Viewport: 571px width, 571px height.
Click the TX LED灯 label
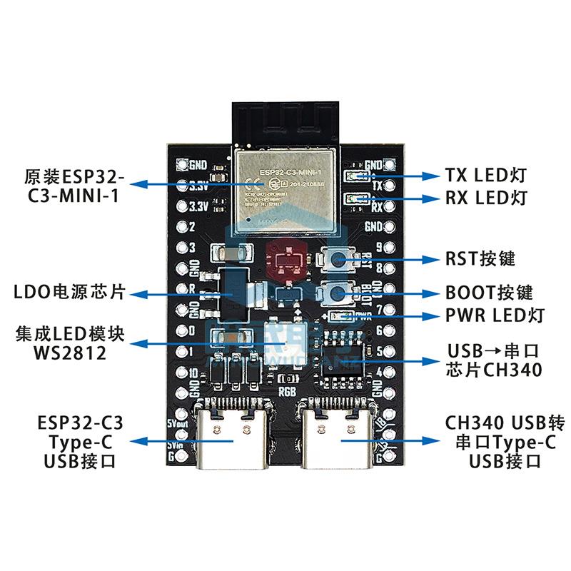pos(485,175)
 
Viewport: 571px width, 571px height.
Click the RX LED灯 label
pos(485,198)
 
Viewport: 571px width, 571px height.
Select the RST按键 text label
pos(480,258)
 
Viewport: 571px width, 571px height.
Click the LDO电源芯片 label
pos(69,292)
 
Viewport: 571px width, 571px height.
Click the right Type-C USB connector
pos(338,435)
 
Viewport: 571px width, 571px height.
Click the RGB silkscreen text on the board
pos(287,390)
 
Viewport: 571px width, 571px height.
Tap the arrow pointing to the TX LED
pos(400,175)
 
